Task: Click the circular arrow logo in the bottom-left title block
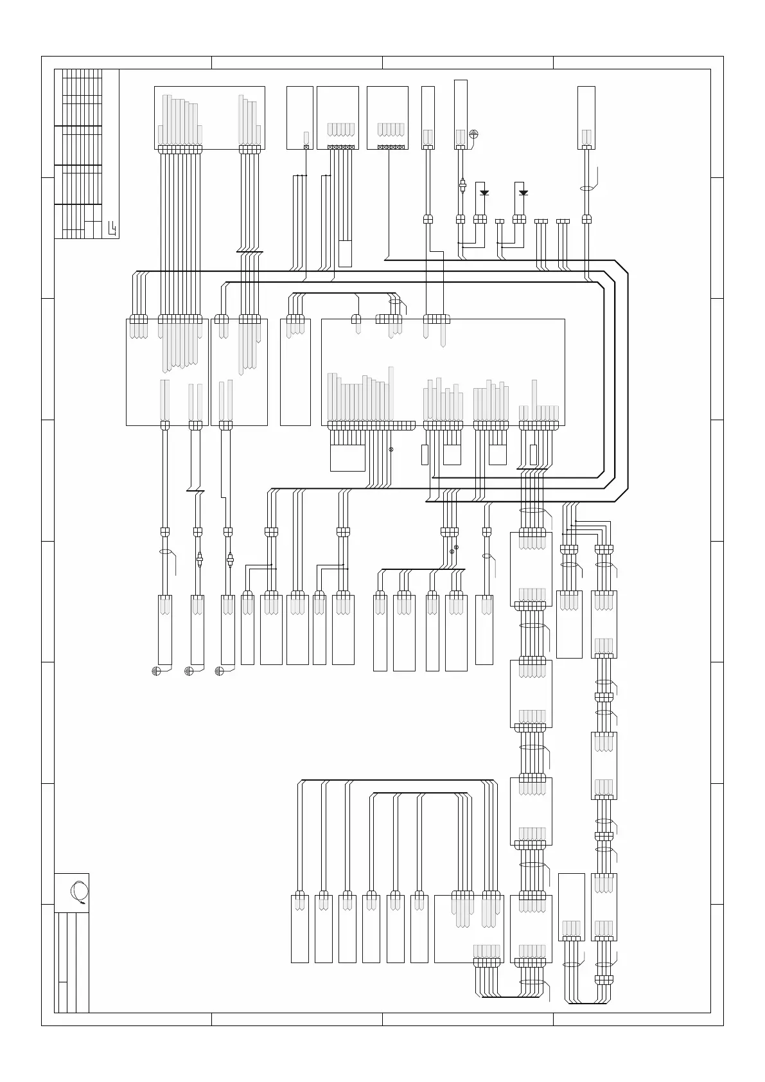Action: tap(80, 892)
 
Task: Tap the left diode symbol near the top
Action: tap(484, 192)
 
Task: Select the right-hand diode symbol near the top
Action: tap(523, 192)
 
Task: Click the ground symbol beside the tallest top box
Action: tap(474, 134)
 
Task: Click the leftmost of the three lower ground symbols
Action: tap(155, 671)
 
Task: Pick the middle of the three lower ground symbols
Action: tap(189, 671)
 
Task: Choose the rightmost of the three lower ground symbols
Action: tap(219, 671)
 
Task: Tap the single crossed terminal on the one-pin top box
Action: tap(306, 147)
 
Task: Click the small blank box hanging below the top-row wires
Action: tap(345, 253)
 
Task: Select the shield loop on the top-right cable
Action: tap(586, 189)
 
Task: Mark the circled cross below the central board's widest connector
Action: tap(391, 449)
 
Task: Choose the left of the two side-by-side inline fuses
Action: tap(199, 561)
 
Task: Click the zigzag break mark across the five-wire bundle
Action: tap(249, 252)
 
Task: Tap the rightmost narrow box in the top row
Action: tap(586, 117)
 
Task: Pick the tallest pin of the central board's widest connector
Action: tap(391, 393)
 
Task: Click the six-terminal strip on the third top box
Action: tap(340, 147)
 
